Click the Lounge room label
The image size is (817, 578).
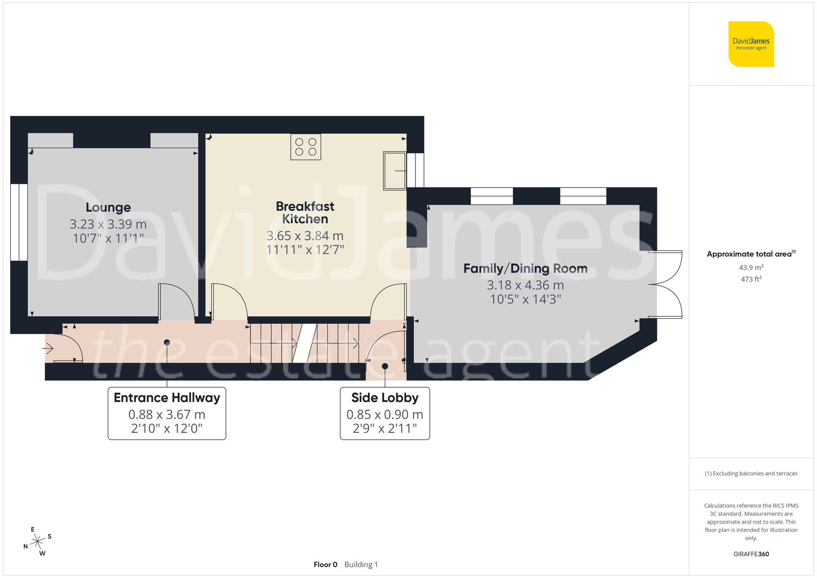(x=108, y=208)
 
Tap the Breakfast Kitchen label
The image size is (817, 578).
(x=305, y=213)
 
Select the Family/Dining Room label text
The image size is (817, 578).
(x=525, y=268)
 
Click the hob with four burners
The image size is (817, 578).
(x=306, y=147)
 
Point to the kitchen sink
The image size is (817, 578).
(x=395, y=171)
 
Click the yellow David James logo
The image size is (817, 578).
(x=751, y=44)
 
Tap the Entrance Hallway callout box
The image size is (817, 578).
(x=167, y=413)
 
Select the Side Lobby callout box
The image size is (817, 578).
(x=385, y=413)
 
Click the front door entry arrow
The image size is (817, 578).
(x=48, y=348)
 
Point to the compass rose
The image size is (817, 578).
(x=38, y=542)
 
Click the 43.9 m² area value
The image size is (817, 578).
(x=751, y=268)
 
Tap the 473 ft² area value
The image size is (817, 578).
(x=751, y=279)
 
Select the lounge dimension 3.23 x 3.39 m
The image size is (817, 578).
(x=108, y=224)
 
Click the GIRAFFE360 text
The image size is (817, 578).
(x=751, y=554)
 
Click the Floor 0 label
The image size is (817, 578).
(x=325, y=565)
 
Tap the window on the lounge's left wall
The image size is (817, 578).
(x=19, y=222)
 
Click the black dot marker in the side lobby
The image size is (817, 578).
(x=385, y=366)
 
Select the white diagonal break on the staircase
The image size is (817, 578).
(x=305, y=343)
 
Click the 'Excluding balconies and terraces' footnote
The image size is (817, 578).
(x=751, y=473)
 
